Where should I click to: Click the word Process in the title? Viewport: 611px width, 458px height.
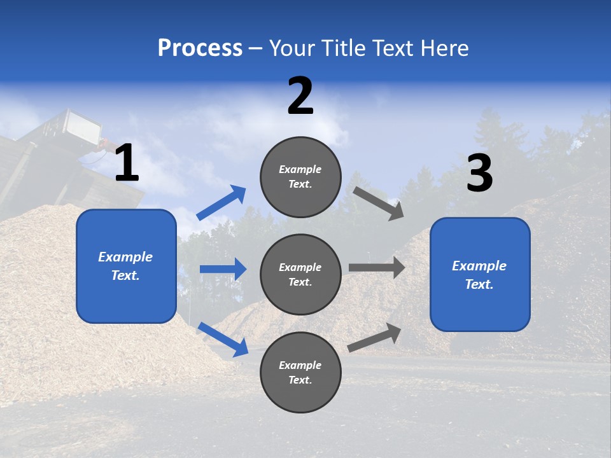200,48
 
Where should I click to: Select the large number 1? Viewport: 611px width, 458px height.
127,163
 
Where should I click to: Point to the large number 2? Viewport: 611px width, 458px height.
300,96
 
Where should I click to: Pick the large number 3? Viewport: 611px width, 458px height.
479,173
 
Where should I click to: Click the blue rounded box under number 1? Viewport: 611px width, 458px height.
126,266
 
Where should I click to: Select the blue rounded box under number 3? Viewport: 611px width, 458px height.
480,275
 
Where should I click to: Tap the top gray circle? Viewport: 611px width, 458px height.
300,177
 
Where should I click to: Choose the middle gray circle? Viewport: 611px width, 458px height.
300,274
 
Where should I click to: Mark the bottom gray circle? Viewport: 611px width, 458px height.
300,372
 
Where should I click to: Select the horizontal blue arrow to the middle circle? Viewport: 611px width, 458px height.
223,269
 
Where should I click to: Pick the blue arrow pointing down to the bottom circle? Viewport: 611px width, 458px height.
223,339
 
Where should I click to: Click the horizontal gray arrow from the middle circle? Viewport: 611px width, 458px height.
377,267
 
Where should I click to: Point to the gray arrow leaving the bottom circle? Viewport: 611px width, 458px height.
375,337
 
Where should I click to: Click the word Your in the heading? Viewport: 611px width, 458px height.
291,48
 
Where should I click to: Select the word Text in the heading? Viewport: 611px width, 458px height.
391,48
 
